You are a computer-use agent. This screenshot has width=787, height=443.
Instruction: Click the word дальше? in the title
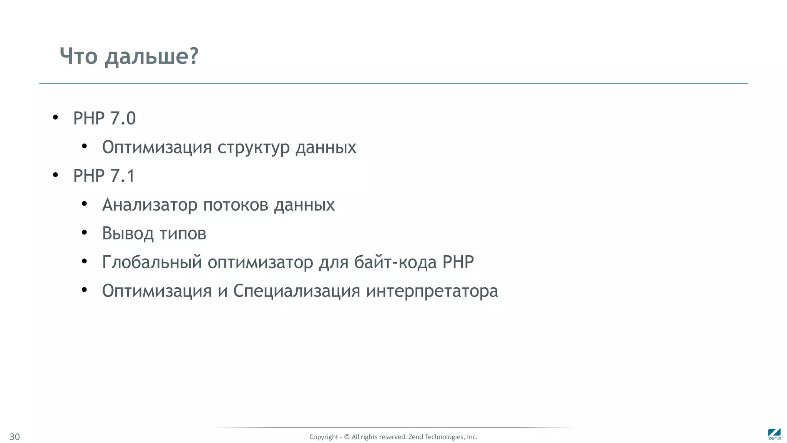(152, 57)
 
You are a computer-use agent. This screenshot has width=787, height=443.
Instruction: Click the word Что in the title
(79, 56)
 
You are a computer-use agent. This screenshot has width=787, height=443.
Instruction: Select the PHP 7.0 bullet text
(104, 118)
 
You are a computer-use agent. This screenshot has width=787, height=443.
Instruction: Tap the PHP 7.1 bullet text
(104, 176)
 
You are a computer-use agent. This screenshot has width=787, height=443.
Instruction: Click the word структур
(253, 147)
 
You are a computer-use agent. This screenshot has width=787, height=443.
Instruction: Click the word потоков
(236, 205)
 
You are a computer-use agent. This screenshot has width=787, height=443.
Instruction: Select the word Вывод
(128, 233)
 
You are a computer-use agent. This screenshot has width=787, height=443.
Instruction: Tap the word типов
(183, 233)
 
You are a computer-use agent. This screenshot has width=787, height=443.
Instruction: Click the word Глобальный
(152, 262)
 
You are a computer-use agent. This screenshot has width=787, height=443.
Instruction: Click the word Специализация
(296, 291)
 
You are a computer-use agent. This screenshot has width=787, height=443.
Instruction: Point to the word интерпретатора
(432, 291)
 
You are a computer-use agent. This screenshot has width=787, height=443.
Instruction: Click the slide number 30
(15, 437)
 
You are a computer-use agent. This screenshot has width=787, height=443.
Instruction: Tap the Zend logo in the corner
(774, 434)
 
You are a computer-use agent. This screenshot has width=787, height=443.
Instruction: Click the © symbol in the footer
(347, 437)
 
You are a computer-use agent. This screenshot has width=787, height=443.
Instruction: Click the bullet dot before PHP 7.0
(55, 118)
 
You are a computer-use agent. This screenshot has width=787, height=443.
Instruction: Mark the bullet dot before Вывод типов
(85, 233)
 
